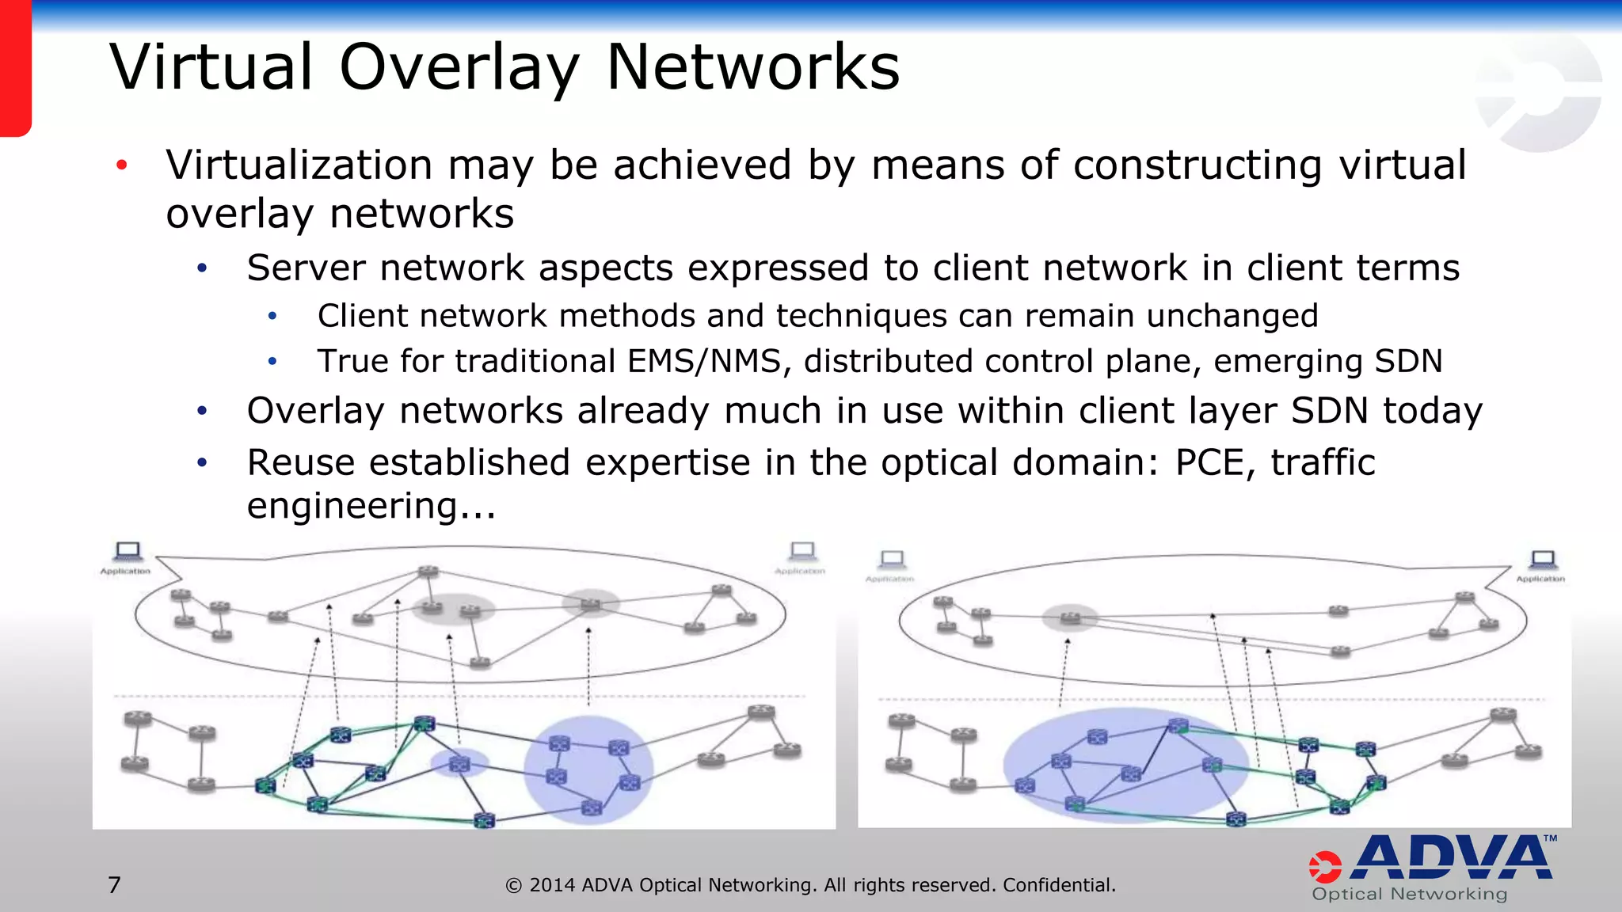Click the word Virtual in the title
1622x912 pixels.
point(211,67)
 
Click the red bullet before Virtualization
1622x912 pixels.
point(121,165)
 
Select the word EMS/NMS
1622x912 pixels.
point(705,362)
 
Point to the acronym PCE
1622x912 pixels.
point(1209,462)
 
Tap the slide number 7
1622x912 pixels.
point(115,884)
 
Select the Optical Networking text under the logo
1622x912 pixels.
point(1409,895)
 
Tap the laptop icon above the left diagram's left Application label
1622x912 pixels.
point(128,550)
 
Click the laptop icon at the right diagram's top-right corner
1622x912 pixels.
point(1542,560)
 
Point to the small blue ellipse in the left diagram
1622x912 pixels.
point(459,763)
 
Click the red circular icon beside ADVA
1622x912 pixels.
point(1325,867)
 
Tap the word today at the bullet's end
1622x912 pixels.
point(1432,412)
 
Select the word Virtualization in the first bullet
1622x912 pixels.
point(299,165)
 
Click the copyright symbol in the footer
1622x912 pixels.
point(513,886)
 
